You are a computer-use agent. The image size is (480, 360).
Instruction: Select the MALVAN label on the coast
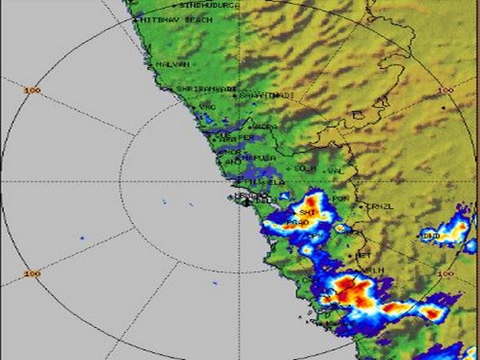point(171,63)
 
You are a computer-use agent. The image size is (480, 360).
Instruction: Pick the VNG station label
point(207,106)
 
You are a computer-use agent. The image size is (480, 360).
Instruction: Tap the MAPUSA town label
point(258,158)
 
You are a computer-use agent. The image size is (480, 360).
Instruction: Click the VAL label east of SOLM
point(336,170)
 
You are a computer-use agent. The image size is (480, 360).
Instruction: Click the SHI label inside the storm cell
point(309,212)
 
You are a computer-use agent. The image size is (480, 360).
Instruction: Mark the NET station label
point(363,255)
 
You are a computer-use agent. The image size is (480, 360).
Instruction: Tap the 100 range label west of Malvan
point(31,90)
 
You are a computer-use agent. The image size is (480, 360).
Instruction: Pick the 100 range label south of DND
point(446,274)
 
